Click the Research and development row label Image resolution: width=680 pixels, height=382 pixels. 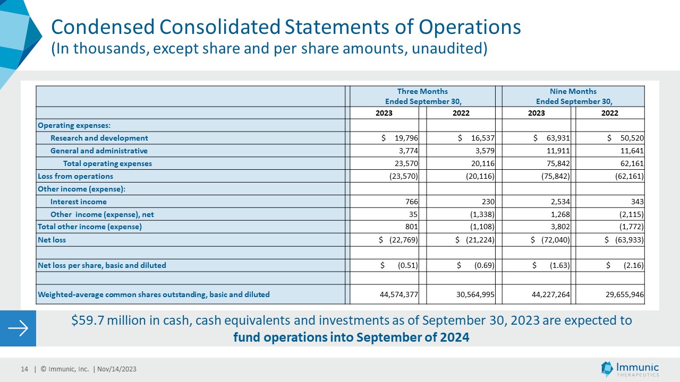99,138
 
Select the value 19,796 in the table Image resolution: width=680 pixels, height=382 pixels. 406,138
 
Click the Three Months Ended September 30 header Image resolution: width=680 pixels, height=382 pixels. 422,96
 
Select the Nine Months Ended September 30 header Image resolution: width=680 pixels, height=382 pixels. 573,96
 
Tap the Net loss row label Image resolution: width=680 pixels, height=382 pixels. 52,240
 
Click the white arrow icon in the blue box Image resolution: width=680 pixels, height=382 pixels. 18,328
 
